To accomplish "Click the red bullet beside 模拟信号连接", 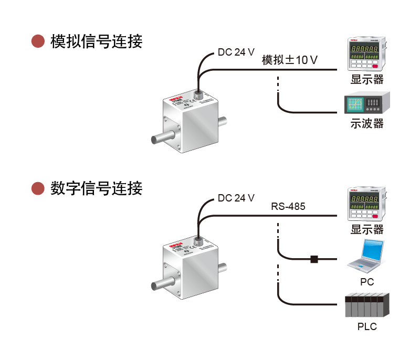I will pyautogui.click(x=38, y=41).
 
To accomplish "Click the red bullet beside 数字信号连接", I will pyautogui.click(x=38, y=188).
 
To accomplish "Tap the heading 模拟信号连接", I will pyautogui.click(x=96, y=41).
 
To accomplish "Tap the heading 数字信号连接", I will pyautogui.click(x=96, y=188).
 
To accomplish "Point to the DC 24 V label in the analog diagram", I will pyautogui.click(x=236, y=52).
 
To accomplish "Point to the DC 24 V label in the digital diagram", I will pyautogui.click(x=236, y=198).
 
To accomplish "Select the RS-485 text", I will pyautogui.click(x=288, y=206).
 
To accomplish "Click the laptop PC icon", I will pyautogui.click(x=366, y=256).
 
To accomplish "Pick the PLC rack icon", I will pyautogui.click(x=367, y=306).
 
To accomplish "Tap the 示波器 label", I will pyautogui.click(x=367, y=124).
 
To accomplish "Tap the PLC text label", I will pyautogui.click(x=367, y=326).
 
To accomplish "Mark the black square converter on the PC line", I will pyautogui.click(x=314, y=259).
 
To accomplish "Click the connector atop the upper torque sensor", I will pyautogui.click(x=199, y=95).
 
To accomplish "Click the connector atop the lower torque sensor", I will pyautogui.click(x=199, y=241).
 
